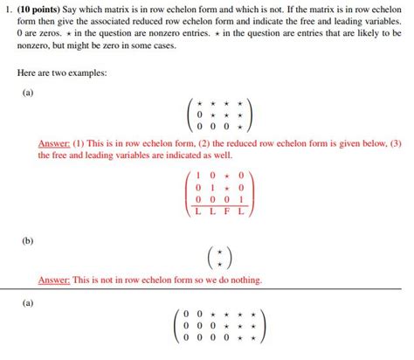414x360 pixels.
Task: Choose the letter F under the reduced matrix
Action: click(227, 211)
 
